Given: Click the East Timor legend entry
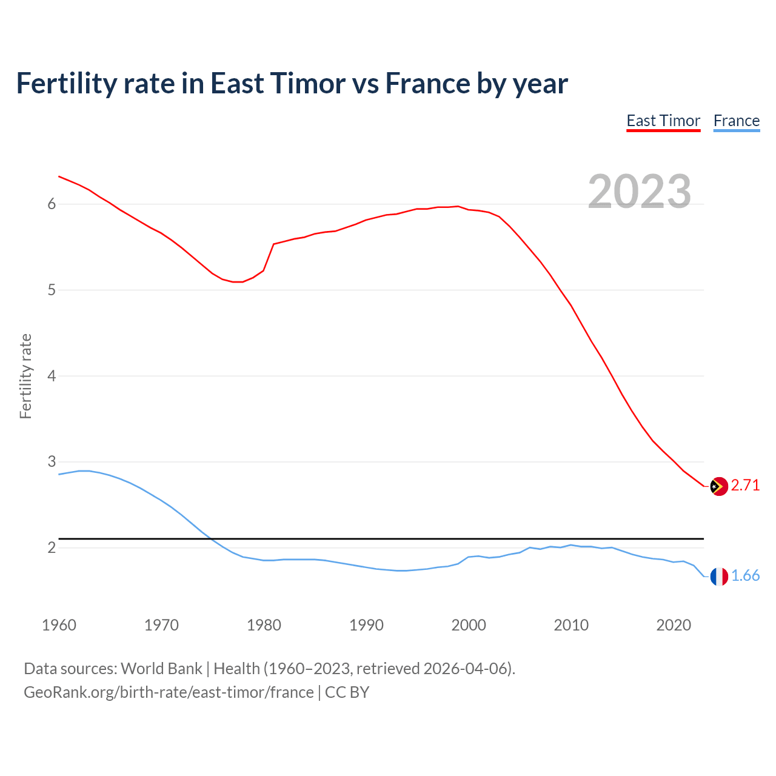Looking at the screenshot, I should coord(663,121).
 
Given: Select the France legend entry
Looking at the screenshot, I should coord(736,121).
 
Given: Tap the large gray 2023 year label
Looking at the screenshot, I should coord(639,192).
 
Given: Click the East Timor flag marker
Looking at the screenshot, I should coord(718,486).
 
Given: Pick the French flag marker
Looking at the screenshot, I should coord(718,577).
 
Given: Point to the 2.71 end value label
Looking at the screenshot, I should coord(745,486).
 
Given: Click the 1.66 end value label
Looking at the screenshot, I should coord(745,576).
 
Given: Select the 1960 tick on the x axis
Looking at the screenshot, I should coord(59,625).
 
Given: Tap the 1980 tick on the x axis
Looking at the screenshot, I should coord(264,625).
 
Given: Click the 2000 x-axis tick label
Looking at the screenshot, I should coord(469,625).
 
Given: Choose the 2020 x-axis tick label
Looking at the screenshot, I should coord(674,625).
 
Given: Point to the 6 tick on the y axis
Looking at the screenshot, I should coord(52,204).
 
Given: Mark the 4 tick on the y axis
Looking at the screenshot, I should coord(52,376).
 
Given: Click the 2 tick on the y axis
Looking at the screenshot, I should coord(52,548).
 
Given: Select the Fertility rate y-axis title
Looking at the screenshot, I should coord(25,376).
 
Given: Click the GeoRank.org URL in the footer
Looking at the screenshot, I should coord(169,692).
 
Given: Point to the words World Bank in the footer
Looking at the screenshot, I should coord(161,669).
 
